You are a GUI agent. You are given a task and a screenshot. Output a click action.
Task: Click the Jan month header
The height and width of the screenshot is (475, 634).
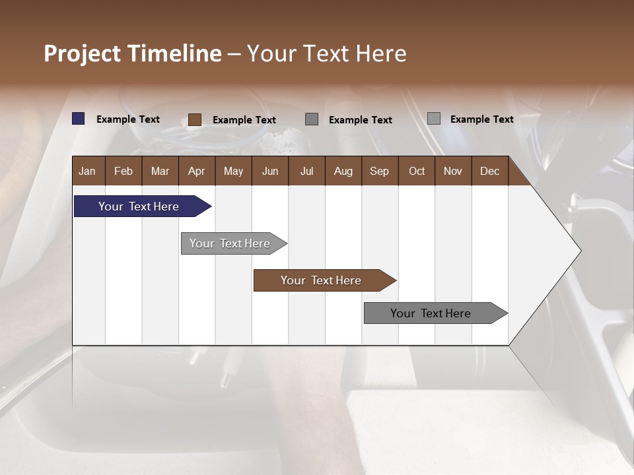87,171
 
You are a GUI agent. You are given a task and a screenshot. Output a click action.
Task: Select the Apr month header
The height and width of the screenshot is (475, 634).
196,171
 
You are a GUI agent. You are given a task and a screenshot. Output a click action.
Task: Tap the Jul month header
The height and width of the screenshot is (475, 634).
306,171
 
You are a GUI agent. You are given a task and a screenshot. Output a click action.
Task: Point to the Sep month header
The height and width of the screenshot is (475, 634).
379,171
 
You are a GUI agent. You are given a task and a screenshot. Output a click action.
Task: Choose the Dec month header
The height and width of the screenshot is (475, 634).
489,171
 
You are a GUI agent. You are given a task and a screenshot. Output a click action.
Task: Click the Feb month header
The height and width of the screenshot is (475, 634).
123,171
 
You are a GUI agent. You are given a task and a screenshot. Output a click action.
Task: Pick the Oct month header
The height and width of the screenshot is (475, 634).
417,171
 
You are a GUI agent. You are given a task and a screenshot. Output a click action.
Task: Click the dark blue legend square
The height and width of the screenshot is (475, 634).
79,119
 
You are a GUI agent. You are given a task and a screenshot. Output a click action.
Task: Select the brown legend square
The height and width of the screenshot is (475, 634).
195,119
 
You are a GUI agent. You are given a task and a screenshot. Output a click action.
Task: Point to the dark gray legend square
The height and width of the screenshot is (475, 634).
312,119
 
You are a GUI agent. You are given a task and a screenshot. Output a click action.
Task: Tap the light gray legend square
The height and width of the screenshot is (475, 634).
434,119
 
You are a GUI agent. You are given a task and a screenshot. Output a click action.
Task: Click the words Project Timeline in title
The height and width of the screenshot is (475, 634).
133,53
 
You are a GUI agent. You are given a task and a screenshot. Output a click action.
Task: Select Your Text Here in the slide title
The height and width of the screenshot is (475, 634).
327,53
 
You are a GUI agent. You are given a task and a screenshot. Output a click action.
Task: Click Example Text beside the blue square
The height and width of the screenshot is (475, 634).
128,119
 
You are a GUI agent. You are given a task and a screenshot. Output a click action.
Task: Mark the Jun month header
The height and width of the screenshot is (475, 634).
270,171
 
